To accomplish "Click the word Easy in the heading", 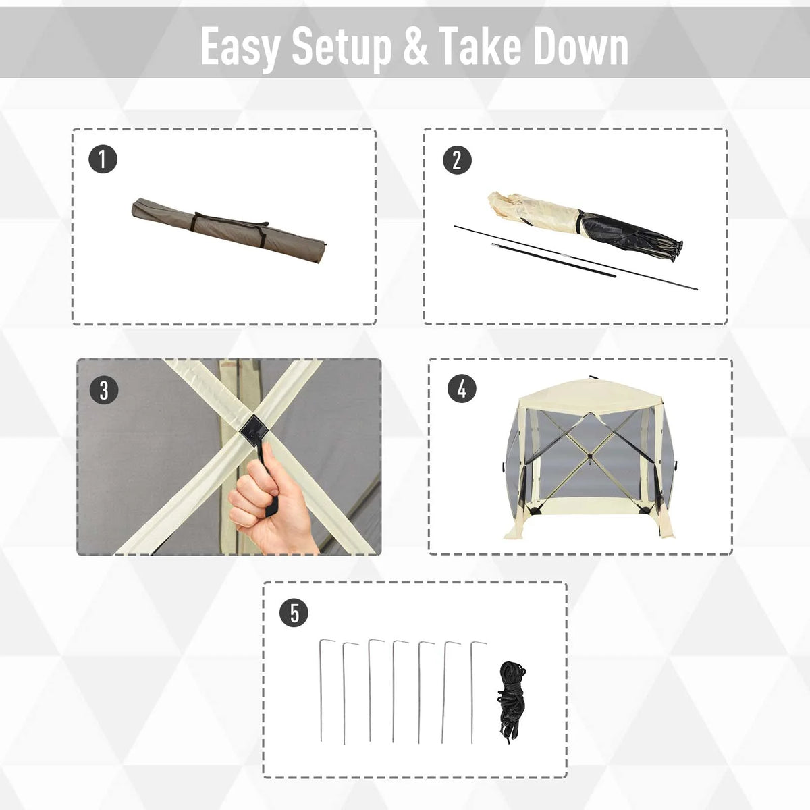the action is click(x=240, y=47).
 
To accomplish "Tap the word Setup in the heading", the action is click(x=342, y=47).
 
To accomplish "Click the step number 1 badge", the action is click(x=103, y=159).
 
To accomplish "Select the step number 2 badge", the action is click(x=458, y=160).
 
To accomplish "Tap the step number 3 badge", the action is click(x=104, y=390).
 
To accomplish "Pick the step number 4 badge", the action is click(x=462, y=389).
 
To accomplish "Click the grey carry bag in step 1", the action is click(x=229, y=230).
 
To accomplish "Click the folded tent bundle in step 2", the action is click(x=585, y=225).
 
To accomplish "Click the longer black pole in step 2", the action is click(x=576, y=258).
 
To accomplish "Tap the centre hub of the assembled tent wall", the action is click(x=590, y=456).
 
